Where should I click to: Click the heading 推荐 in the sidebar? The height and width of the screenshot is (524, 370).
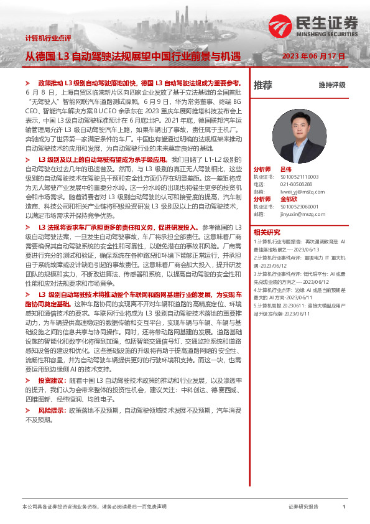(x=262, y=85)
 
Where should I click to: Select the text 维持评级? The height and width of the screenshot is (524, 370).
(x=331, y=85)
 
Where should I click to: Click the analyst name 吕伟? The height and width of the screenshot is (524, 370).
(x=285, y=169)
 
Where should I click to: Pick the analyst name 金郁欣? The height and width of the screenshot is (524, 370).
(x=290, y=199)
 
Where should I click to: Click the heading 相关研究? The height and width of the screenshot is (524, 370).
(x=266, y=232)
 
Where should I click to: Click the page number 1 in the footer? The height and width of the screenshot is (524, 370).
(x=344, y=507)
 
